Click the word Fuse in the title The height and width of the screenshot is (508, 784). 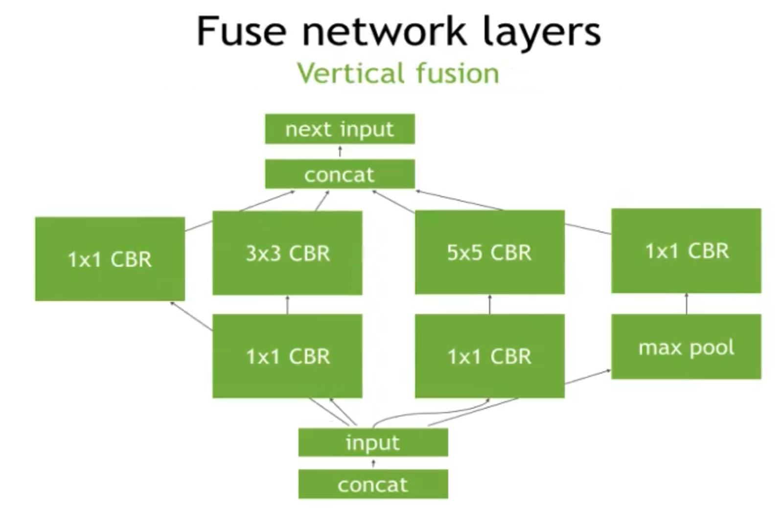241,31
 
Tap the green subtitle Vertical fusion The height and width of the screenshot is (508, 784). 398,73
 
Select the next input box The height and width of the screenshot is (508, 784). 340,129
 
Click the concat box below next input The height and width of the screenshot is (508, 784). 340,174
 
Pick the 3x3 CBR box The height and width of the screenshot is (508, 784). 287,253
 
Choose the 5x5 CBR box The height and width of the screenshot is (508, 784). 489,253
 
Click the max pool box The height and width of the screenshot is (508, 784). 686,347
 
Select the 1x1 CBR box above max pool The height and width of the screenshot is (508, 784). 686,251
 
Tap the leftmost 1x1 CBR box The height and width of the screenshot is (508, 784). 110,259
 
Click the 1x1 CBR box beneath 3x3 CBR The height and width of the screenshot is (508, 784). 287,356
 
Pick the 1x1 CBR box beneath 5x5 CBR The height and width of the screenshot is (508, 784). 489,356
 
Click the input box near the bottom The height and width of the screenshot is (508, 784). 373,442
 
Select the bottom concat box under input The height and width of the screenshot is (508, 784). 373,484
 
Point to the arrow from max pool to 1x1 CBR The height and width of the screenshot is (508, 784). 686,303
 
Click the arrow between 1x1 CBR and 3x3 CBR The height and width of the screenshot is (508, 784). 287,304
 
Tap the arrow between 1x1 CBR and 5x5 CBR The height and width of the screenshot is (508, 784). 489,304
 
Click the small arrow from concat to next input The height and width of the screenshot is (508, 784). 340,152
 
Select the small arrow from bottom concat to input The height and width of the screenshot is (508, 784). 373,463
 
